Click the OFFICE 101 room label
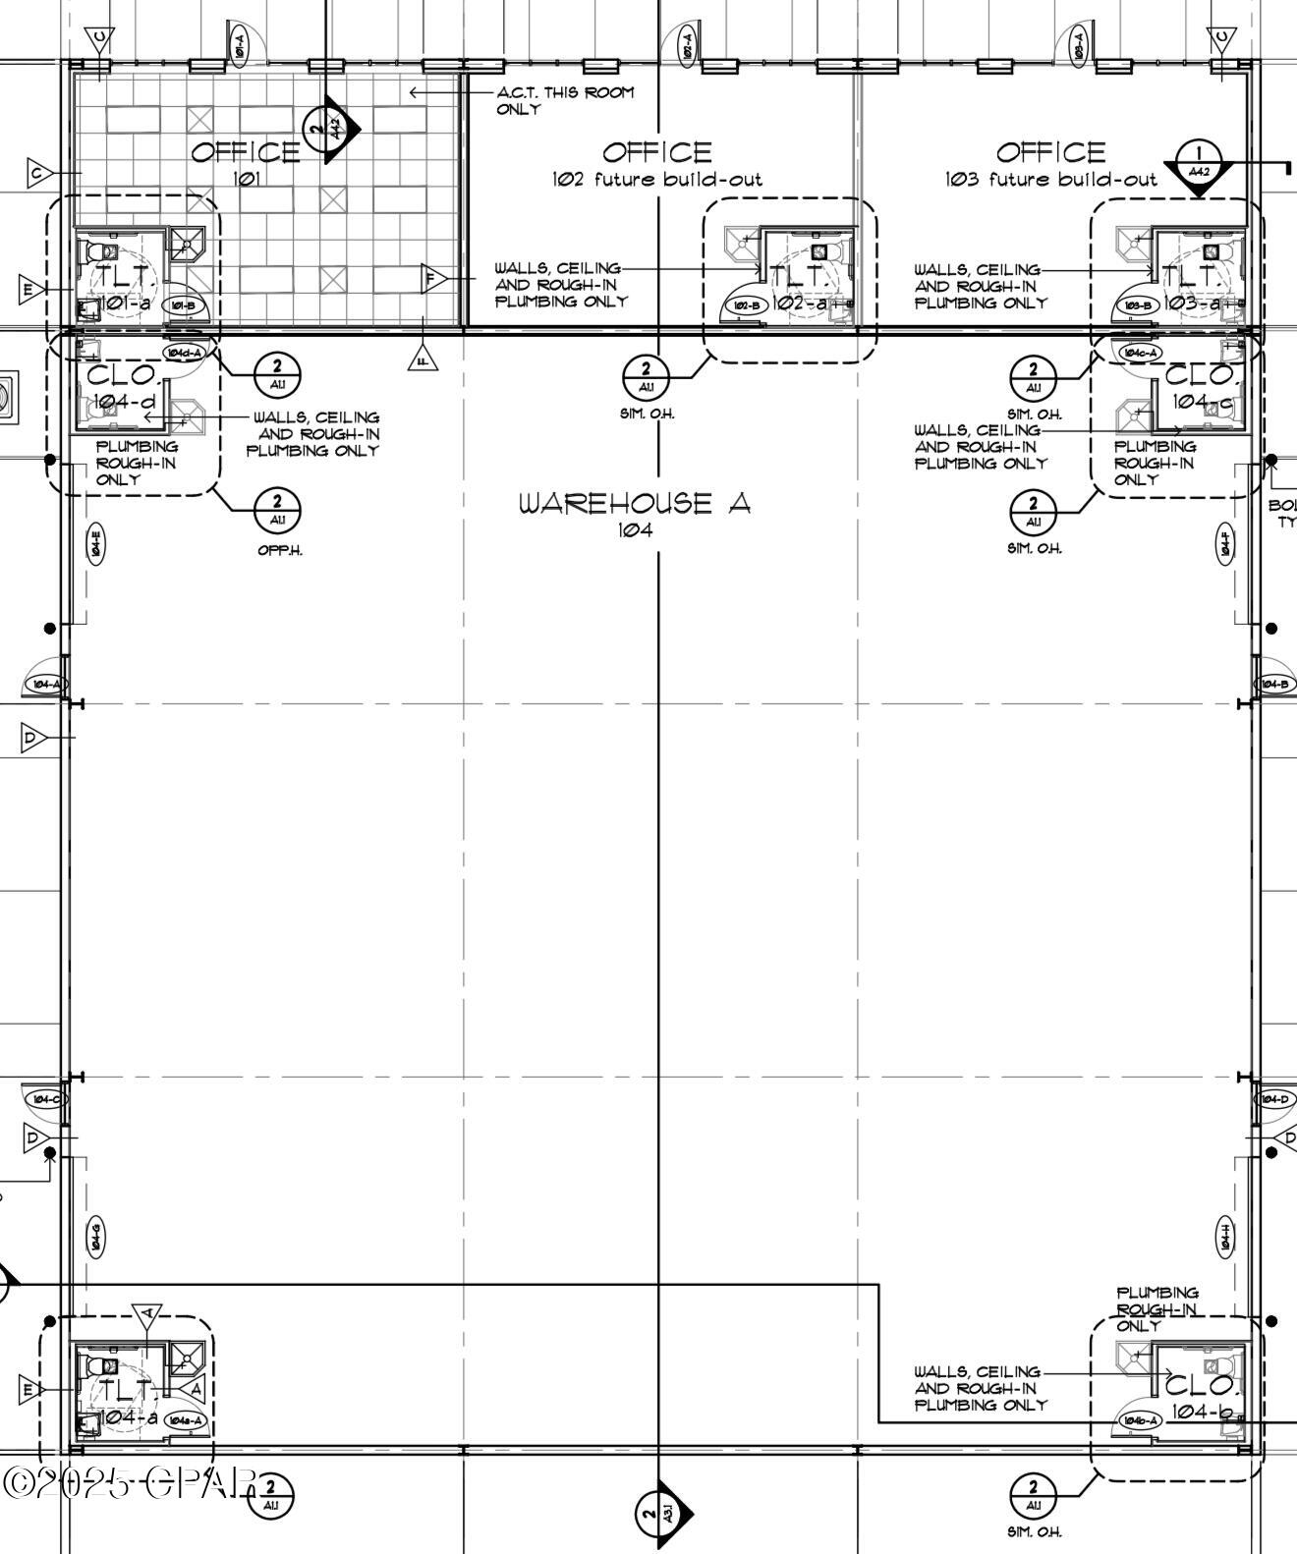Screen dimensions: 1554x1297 [245, 163]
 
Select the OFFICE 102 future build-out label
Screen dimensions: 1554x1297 [656, 164]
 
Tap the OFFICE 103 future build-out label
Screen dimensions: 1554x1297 [1050, 164]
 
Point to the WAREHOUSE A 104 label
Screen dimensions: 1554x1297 [635, 514]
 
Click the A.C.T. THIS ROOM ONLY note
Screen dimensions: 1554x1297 [564, 100]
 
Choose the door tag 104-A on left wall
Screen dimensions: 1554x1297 [45, 685]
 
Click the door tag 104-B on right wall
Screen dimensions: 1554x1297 [1275, 685]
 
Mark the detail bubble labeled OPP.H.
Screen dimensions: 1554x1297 [277, 511]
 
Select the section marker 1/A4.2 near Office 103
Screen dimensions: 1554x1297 [1199, 162]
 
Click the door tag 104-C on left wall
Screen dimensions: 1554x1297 [45, 1098]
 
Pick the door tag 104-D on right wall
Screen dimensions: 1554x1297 [1275, 1098]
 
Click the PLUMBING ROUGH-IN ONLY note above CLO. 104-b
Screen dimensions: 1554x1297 [1156, 1308]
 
